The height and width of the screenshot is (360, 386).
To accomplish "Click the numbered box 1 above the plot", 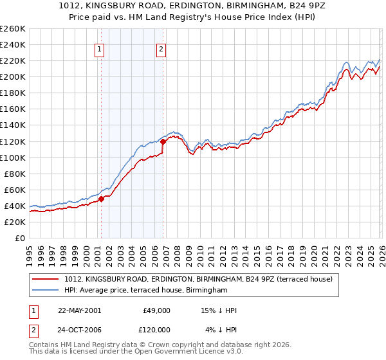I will (100, 48).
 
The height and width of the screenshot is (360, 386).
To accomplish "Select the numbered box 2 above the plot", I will (161, 48).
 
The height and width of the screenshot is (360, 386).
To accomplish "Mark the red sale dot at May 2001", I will (102, 199).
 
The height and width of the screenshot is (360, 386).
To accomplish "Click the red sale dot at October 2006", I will (163, 141).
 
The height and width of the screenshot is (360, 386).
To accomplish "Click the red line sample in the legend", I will (45, 280).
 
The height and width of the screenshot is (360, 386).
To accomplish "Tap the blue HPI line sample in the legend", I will (45, 291).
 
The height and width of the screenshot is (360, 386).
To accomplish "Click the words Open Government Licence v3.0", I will (189, 353).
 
